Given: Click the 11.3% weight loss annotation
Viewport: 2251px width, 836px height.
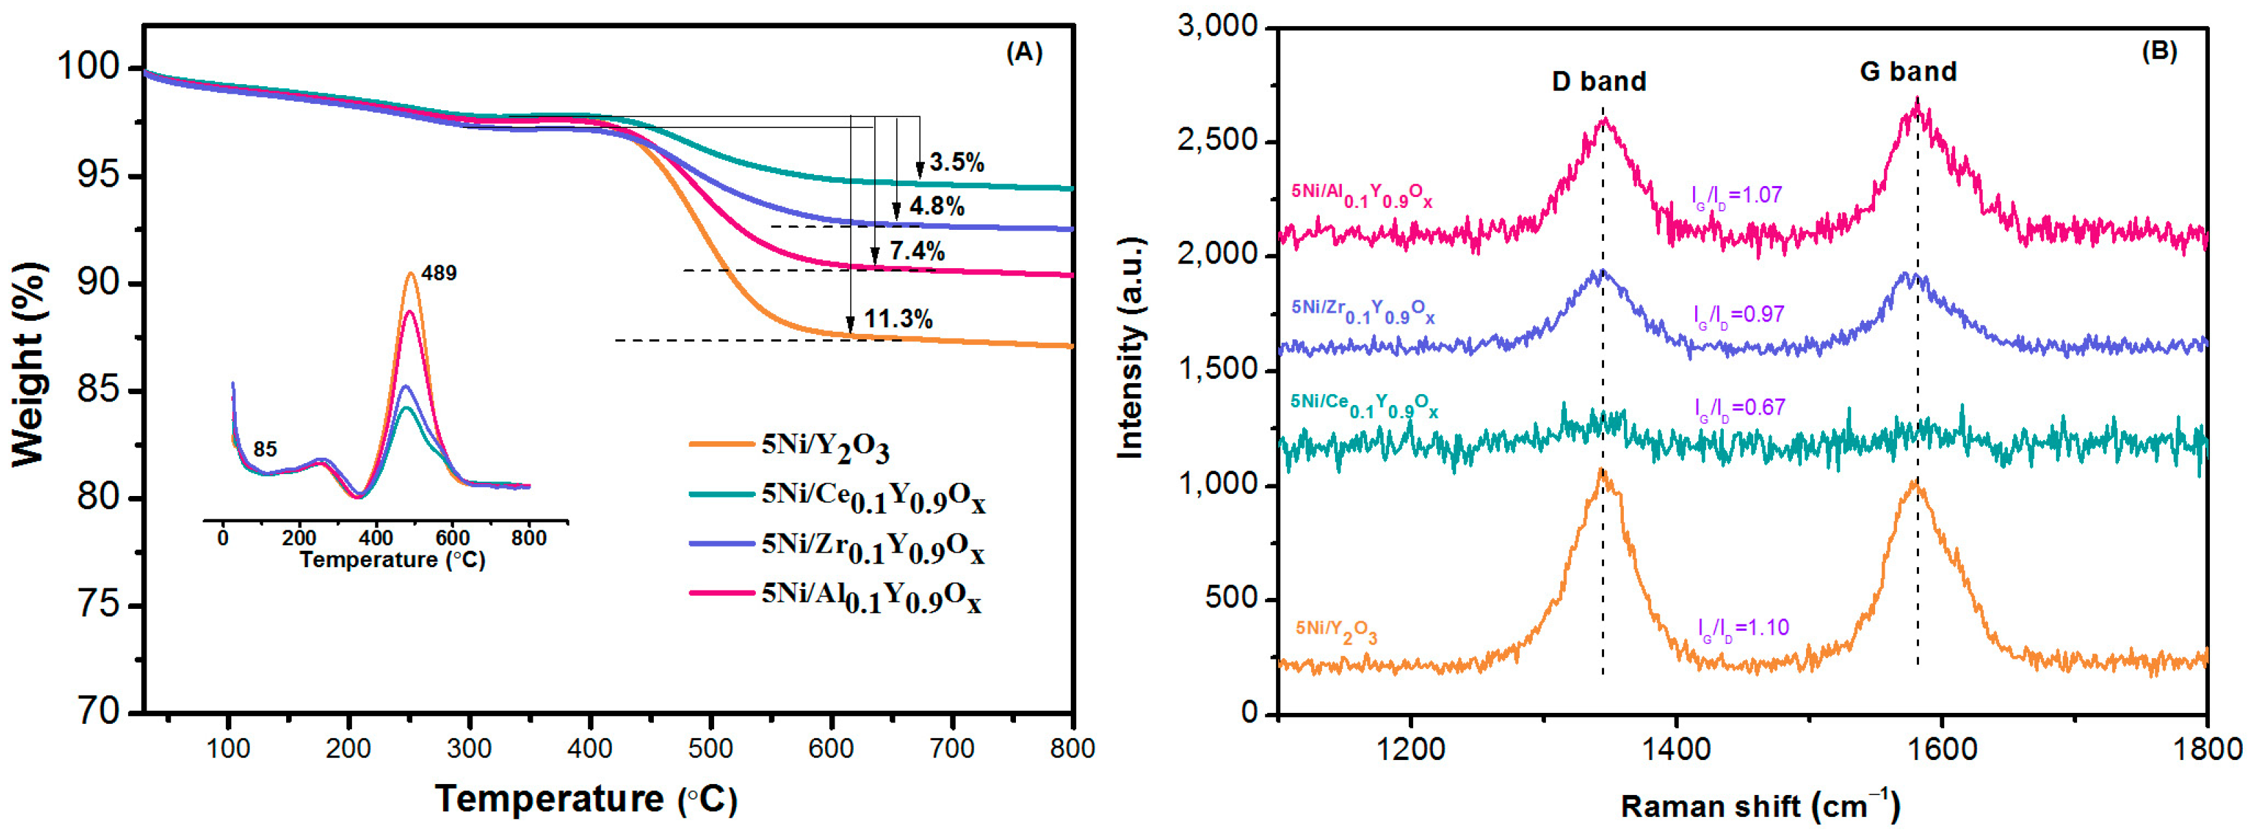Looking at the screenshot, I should (x=898, y=319).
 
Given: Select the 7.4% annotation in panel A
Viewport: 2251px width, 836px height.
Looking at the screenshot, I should (x=917, y=252).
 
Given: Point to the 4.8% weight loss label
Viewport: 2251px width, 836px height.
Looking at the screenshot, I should (x=937, y=207).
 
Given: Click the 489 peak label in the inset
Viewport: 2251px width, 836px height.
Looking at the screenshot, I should (x=439, y=274).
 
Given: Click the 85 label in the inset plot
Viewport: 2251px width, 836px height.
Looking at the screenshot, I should (x=265, y=449).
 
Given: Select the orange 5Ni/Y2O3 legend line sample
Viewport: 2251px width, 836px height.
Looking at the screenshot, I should (x=721, y=444).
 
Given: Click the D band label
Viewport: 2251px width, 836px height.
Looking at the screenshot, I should (x=1599, y=82).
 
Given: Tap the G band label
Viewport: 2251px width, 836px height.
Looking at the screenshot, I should (x=1907, y=72).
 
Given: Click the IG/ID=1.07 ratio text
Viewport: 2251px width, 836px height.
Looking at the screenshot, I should (x=1736, y=195).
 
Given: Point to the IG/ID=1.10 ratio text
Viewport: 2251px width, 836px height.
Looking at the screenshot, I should (x=1742, y=627).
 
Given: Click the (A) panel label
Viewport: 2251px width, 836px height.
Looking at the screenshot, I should (x=1024, y=53).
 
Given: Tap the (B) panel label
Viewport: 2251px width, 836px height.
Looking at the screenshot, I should (x=2159, y=51).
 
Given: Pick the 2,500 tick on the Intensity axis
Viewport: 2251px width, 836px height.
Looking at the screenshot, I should (x=1217, y=142).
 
